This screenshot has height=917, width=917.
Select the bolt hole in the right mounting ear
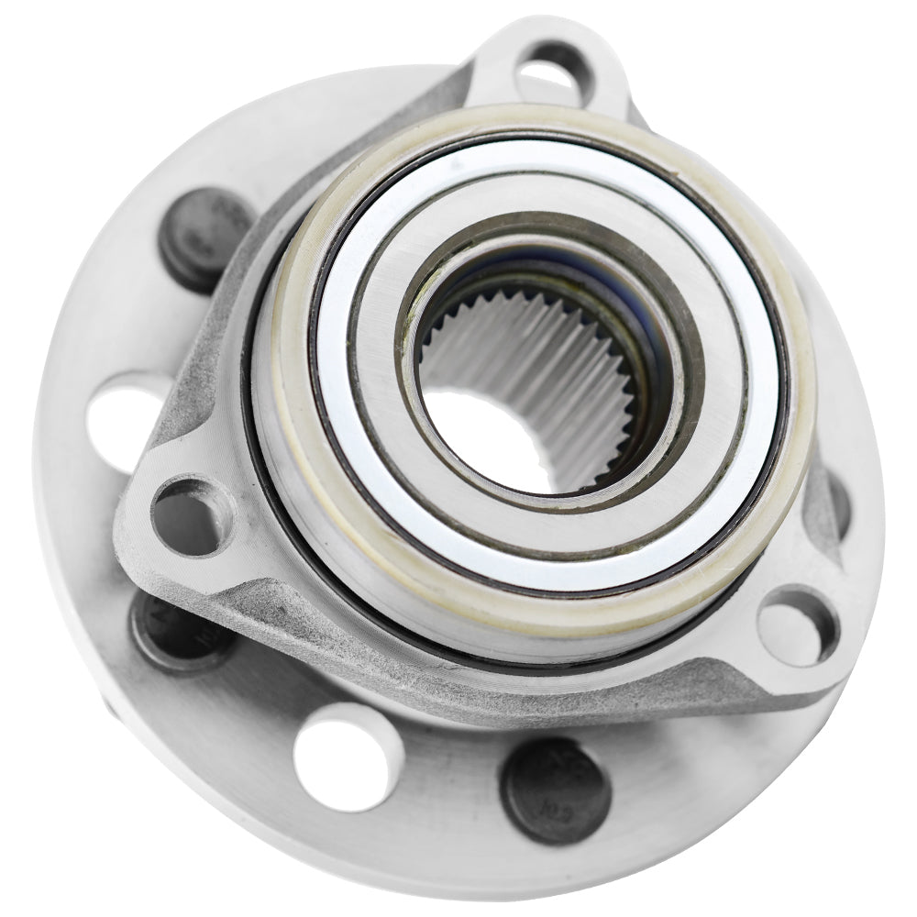pyautogui.click(x=798, y=628)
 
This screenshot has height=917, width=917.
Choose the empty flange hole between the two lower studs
pyautogui.click(x=348, y=757)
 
